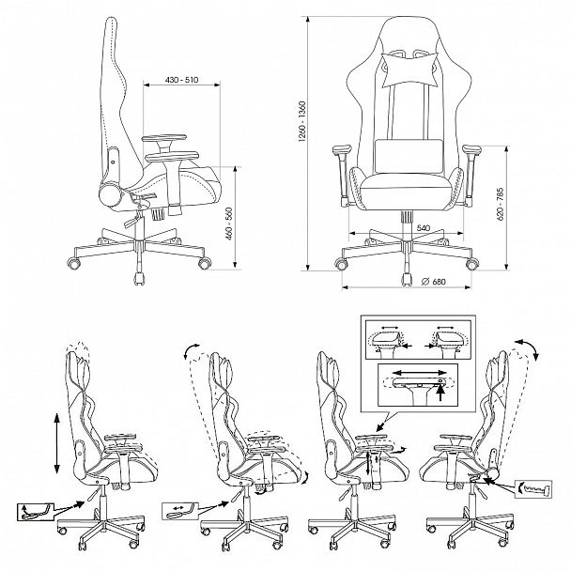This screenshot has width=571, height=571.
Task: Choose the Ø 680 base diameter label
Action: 432,285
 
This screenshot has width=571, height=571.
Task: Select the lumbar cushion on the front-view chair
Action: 406,150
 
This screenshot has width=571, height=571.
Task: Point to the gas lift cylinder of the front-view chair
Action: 407,218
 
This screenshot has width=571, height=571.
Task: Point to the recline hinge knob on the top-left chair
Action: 110,159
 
